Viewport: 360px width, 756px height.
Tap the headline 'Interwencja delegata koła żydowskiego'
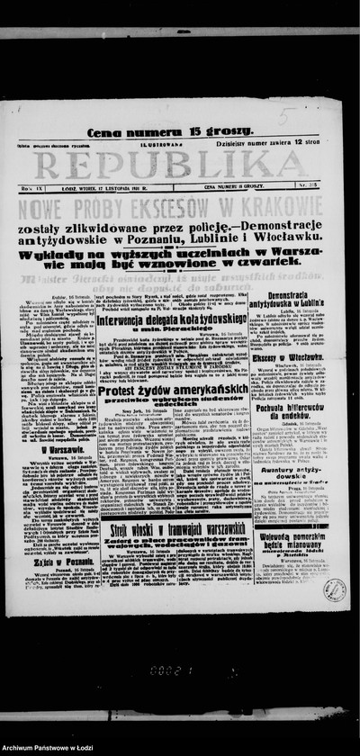161,318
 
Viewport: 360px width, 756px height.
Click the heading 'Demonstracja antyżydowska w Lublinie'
296,299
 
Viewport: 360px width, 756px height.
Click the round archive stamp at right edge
334,589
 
